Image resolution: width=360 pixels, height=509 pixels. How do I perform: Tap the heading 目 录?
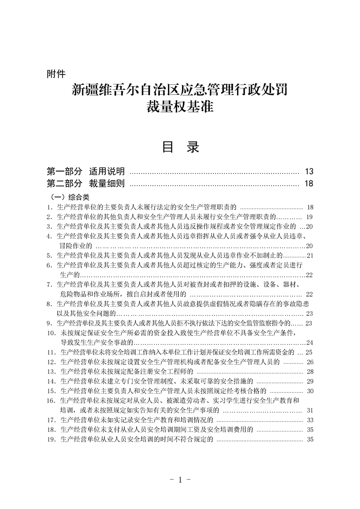180,147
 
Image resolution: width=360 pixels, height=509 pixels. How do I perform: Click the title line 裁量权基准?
179,108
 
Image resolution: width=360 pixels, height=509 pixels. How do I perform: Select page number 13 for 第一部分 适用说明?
309,171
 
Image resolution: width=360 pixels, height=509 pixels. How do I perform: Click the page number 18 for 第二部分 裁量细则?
309,184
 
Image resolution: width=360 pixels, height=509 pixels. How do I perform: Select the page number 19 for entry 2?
310,216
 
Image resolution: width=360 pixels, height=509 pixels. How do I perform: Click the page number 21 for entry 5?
310,255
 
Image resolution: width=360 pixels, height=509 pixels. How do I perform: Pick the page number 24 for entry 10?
310,342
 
